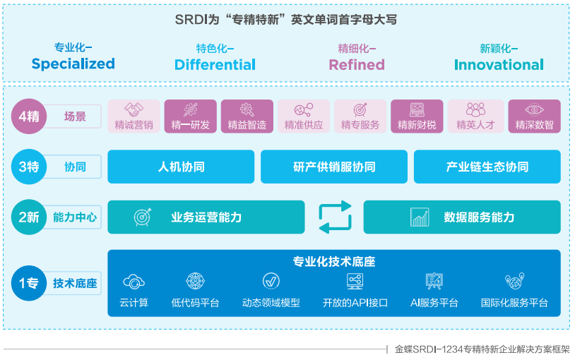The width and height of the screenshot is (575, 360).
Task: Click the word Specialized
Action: click(x=73, y=64)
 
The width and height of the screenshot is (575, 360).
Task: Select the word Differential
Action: click(x=215, y=65)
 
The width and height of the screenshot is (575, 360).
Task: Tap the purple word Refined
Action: click(x=357, y=65)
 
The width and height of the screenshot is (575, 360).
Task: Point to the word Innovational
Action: click(x=499, y=65)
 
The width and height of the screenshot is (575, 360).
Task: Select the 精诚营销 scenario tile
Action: click(x=134, y=116)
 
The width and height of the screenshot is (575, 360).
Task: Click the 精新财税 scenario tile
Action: click(x=417, y=116)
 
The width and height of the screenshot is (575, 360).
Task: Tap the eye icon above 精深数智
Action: click(x=534, y=110)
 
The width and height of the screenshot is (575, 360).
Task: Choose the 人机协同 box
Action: click(x=181, y=167)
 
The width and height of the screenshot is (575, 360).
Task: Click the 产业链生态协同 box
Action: click(x=487, y=167)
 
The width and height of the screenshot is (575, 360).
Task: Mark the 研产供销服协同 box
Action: click(x=334, y=167)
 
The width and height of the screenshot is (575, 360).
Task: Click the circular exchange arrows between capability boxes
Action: click(x=334, y=217)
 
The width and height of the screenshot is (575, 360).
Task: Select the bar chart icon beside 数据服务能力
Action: click(x=420, y=217)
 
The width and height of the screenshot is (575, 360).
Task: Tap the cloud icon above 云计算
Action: click(x=134, y=282)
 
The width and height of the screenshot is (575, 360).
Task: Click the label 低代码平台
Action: click(x=195, y=303)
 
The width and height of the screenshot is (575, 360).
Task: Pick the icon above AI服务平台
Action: click(x=434, y=281)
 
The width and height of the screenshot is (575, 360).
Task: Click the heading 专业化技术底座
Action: click(x=334, y=261)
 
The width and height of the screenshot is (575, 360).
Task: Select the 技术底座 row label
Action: click(x=75, y=284)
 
